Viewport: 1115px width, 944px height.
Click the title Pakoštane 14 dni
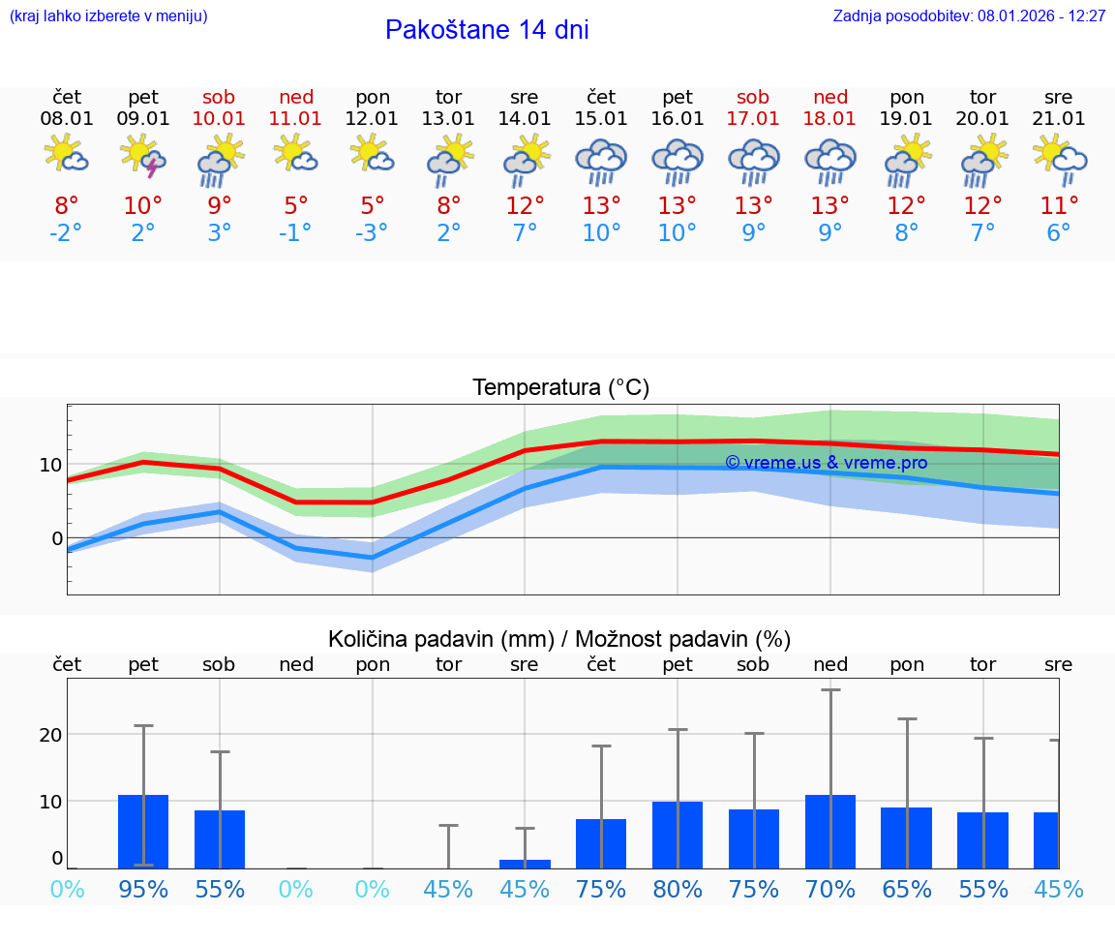[x=487, y=30]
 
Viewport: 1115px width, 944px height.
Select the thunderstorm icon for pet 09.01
[x=143, y=158]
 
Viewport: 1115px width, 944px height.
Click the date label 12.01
[x=373, y=119]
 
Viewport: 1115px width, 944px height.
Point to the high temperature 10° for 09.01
[x=143, y=206]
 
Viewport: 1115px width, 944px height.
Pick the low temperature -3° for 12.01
[x=373, y=233]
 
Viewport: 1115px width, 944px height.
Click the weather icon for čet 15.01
[x=601, y=162]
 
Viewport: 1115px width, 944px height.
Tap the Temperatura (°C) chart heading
[x=560, y=388]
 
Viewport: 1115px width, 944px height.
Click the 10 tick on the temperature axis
[x=51, y=465]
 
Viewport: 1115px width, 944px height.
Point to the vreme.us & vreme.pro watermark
[x=827, y=463]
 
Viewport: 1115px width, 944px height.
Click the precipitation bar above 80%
[x=678, y=835]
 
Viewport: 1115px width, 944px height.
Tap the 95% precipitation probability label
[x=143, y=889]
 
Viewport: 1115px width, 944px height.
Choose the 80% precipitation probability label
[x=678, y=889]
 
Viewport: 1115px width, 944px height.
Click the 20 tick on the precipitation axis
[x=50, y=735]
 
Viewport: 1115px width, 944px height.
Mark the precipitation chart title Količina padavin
[x=440, y=639]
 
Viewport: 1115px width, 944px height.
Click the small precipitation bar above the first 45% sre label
[x=525, y=864]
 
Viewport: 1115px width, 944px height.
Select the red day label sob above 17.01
[x=753, y=97]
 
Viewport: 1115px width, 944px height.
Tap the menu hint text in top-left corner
[x=108, y=16]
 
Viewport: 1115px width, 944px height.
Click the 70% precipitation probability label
[x=830, y=889]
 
